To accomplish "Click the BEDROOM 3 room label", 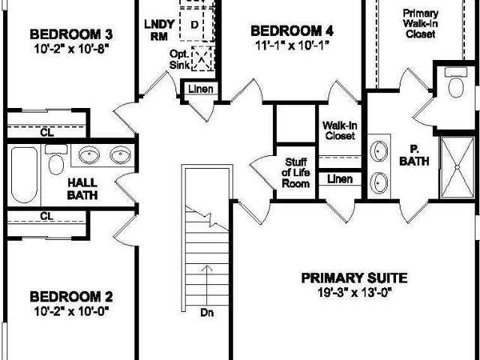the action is [71, 34].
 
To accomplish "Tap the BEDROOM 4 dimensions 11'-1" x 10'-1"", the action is [292, 45].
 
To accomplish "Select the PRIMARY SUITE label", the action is [355, 278].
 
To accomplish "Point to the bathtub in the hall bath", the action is [24, 175].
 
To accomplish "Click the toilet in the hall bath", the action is [56, 159].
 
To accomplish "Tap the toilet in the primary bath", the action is [456, 82].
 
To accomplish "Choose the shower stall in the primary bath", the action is [457, 167].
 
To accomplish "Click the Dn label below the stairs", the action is [207, 313].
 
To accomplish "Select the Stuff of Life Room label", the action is [295, 172].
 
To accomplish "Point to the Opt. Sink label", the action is [179, 59].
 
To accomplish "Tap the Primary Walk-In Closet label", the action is [420, 23].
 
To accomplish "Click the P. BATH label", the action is [414, 155].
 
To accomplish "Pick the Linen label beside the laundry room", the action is [200, 89].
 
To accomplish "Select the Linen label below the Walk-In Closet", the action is [340, 178].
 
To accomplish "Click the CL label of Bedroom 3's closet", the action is [46, 133].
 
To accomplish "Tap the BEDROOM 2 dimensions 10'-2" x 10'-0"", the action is [71, 311].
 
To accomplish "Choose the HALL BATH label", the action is [82, 189].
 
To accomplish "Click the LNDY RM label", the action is [159, 30].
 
